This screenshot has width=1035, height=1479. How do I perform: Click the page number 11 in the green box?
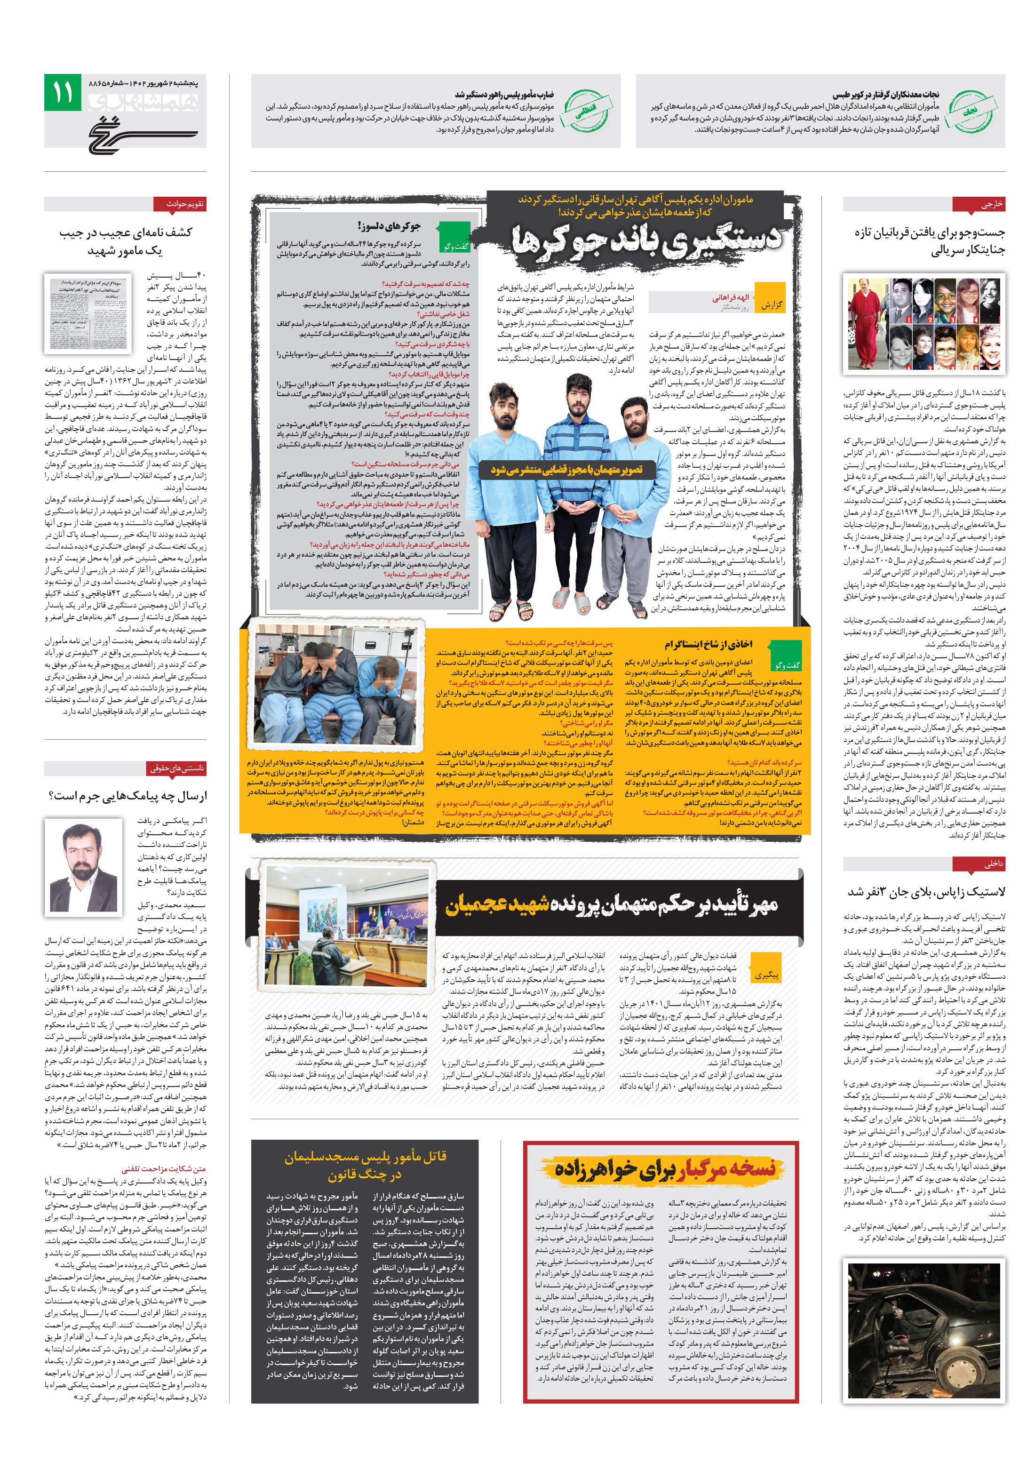63,93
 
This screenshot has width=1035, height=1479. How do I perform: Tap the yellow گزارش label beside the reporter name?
770,304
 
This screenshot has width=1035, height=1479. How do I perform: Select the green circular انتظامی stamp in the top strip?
585,111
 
